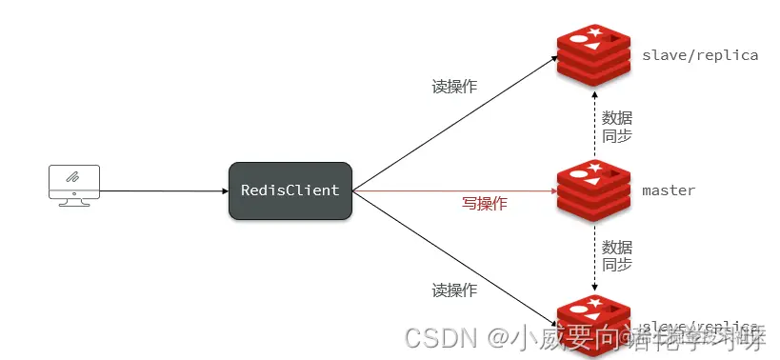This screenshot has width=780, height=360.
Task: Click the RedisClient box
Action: pos(290,190)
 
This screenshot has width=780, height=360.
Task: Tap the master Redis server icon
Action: pos(594,190)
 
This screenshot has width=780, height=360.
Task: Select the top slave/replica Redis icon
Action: pos(594,55)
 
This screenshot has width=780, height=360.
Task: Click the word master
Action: pos(669,190)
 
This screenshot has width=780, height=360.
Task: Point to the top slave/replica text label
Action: pos(700,55)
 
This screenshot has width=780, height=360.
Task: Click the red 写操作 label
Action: pos(485,203)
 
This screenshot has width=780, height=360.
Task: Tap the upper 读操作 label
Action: pos(454,87)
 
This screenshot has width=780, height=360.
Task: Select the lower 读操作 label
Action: pos(454,290)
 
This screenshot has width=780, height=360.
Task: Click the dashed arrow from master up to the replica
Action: pos(595,124)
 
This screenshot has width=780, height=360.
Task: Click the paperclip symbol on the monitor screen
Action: pos(73,178)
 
